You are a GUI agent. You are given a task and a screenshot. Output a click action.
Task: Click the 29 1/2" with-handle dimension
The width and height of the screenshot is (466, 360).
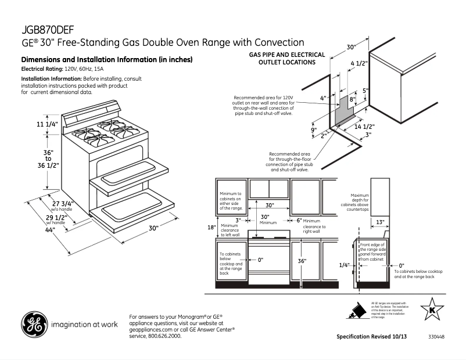pyautogui.click(x=56, y=217)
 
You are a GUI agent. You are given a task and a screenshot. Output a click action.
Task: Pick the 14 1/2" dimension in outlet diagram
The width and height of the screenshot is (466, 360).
pyautogui.click(x=364, y=127)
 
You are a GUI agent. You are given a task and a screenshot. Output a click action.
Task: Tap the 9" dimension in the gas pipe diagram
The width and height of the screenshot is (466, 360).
pyautogui.click(x=313, y=130)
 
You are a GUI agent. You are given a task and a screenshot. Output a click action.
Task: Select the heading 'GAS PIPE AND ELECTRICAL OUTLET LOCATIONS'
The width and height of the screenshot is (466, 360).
pyautogui.click(x=286, y=58)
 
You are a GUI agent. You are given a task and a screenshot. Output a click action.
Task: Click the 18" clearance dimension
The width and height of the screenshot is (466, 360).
pyautogui.click(x=212, y=226)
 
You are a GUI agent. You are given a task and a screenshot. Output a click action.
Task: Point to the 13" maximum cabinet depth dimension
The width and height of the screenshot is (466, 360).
pyautogui.click(x=379, y=222)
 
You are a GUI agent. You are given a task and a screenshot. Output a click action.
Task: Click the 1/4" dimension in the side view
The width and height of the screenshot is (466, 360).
pyautogui.click(x=345, y=265)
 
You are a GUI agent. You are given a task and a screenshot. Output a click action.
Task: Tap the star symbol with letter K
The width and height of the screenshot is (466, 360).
pyautogui.click(x=432, y=309)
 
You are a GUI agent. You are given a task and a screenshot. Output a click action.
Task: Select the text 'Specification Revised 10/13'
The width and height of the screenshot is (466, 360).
pyautogui.click(x=372, y=337)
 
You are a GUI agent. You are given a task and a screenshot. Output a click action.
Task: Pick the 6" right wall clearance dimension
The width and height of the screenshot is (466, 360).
pyautogui.click(x=299, y=221)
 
